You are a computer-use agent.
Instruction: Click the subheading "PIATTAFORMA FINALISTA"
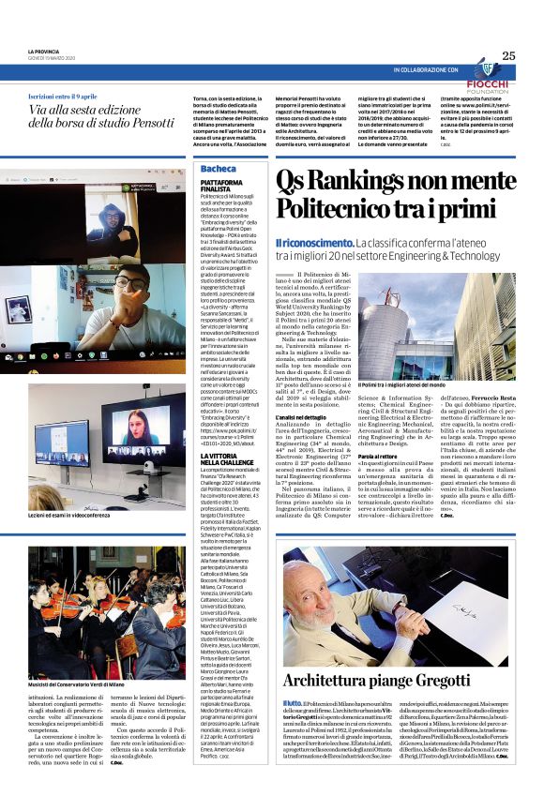tap(222, 186)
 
